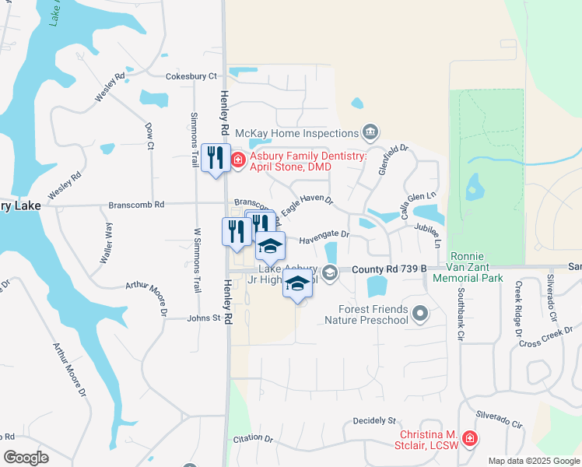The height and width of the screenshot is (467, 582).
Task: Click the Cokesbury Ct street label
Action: point(191,76)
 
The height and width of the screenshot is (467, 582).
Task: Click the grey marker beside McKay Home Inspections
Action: point(370,132)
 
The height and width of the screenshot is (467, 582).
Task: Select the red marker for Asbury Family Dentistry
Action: point(237,161)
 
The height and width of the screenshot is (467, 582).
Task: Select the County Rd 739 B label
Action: point(389,269)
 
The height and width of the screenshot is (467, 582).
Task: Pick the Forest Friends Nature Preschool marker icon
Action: point(421,314)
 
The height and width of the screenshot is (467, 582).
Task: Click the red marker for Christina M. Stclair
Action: point(469,440)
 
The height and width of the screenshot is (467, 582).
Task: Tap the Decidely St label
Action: point(374,420)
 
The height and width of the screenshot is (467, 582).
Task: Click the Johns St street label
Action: point(205,318)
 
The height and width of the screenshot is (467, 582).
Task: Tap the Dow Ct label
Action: point(149,135)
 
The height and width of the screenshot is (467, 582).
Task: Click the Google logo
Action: point(26,458)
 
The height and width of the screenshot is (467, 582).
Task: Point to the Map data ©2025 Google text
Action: point(533,461)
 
